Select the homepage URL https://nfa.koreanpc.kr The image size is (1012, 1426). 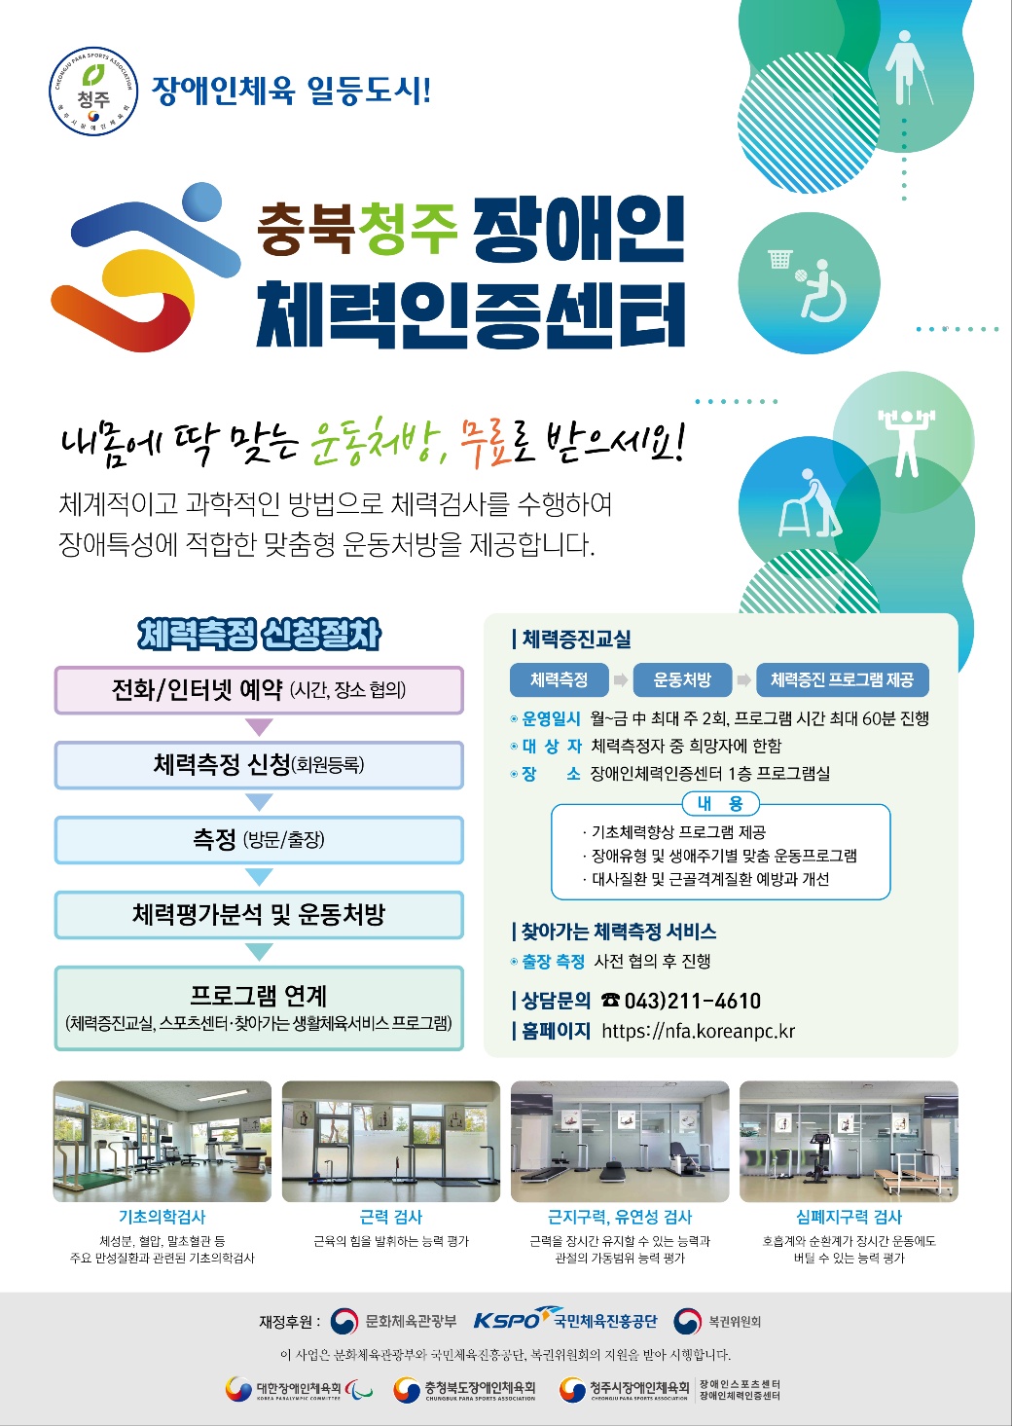tap(699, 1031)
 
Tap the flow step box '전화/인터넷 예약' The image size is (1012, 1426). tap(259, 689)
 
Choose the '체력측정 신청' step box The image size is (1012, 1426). tap(259, 764)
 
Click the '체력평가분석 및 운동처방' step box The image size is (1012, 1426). tap(259, 914)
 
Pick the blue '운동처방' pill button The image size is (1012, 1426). tap(682, 679)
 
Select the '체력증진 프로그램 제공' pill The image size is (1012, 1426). tap(842, 679)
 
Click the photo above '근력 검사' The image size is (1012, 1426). tap(391, 1141)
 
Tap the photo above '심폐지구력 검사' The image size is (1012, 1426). tap(849, 1141)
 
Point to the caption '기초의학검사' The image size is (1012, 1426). tap(163, 1217)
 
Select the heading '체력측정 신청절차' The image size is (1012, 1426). tap(259, 634)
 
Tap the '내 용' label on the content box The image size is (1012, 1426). tap(720, 803)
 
